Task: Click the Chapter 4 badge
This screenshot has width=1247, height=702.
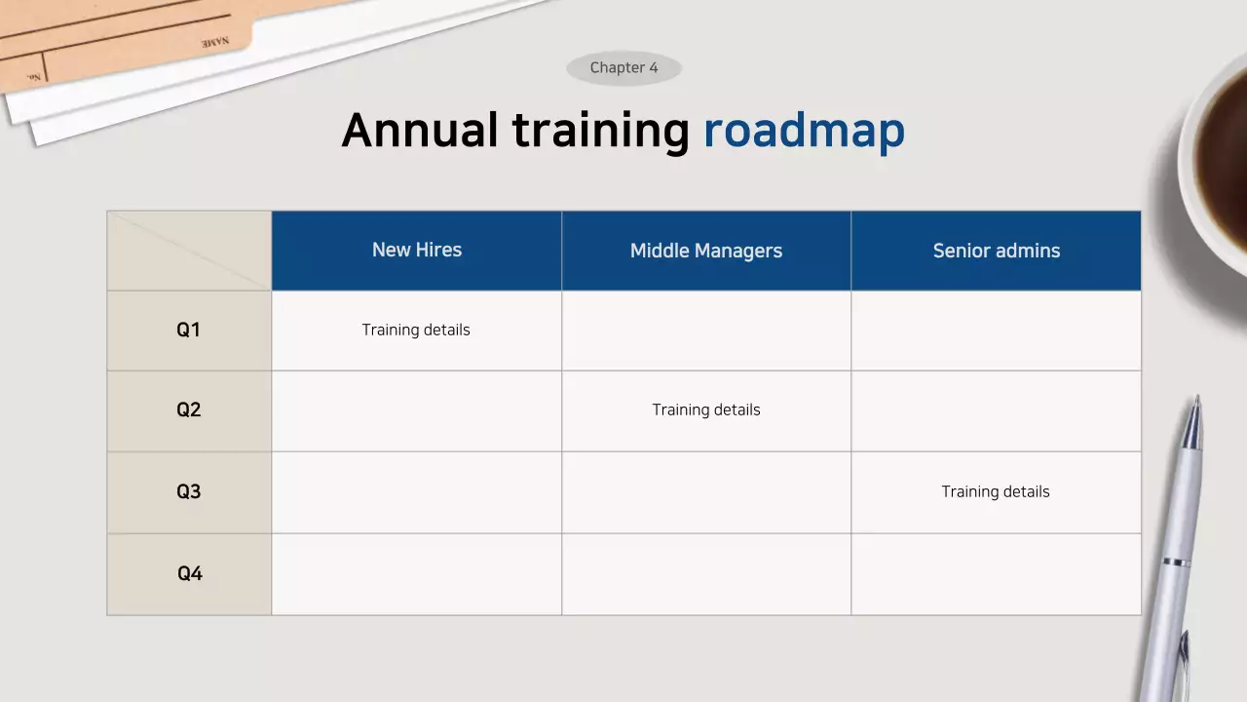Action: [x=623, y=68]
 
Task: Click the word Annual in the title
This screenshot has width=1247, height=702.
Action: [x=420, y=130]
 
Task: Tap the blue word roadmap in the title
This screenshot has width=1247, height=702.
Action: [x=804, y=131]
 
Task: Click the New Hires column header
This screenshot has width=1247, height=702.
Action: [x=417, y=251]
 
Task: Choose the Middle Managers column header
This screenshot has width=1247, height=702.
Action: [x=706, y=252]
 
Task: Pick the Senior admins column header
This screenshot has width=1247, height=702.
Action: [x=996, y=252]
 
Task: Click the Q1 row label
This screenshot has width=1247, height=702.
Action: [x=189, y=331]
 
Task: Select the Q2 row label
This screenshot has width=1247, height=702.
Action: [x=189, y=410]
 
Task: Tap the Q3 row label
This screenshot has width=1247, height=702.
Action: [x=189, y=491]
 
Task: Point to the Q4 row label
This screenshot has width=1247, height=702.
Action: [x=189, y=573]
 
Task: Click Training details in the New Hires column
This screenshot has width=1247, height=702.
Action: [x=416, y=331]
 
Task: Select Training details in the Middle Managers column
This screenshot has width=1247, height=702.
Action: [x=706, y=410]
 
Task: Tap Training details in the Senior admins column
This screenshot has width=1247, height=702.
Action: [x=996, y=492]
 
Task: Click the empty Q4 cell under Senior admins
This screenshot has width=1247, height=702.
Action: [x=996, y=573]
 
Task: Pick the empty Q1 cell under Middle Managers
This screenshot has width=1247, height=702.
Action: [x=706, y=331]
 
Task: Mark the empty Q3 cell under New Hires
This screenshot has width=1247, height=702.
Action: [x=417, y=492]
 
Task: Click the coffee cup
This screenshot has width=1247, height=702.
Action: [x=1218, y=156]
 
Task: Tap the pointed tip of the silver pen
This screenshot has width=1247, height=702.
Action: [x=1197, y=400]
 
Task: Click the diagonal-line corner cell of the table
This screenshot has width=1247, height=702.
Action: [x=189, y=251]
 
